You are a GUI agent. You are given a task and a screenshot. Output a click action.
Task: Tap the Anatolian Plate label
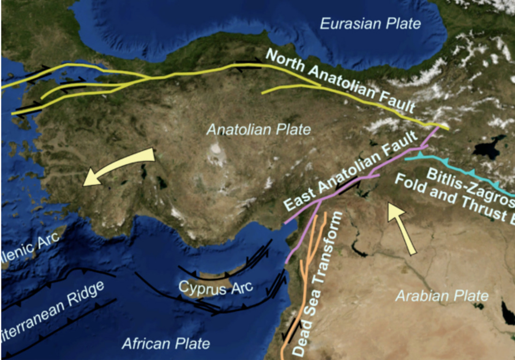coord(259,129)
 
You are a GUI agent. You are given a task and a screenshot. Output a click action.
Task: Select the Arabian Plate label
coord(442,296)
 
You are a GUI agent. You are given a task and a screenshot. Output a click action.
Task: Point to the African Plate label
coord(166,344)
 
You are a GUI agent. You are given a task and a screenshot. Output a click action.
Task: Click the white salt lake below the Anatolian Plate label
coord(216,149)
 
